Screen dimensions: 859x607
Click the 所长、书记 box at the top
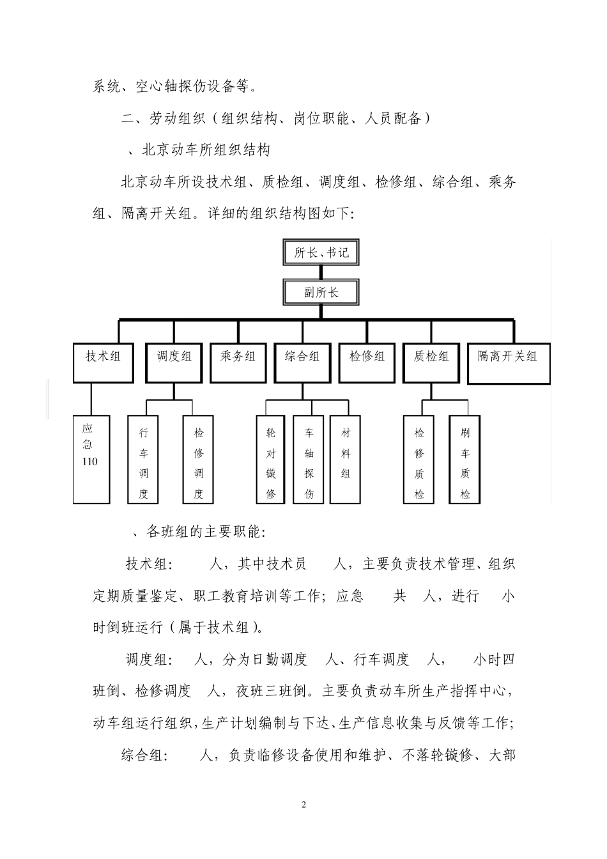[x=321, y=252]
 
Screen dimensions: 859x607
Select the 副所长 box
[x=321, y=293]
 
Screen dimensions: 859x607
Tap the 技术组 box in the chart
[x=103, y=363]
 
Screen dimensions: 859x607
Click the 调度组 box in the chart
[x=174, y=363]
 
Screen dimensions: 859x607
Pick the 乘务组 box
[x=238, y=363]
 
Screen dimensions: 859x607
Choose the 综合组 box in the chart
[x=302, y=363]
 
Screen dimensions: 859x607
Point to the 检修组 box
[x=367, y=363]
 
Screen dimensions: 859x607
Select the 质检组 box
[x=431, y=363]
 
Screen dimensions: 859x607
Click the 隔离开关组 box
[x=509, y=364]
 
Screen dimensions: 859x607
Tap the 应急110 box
[x=91, y=459]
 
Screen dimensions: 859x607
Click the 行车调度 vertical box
[x=144, y=460]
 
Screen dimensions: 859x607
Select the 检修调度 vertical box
[x=198, y=460]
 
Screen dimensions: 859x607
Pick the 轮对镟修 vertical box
[x=270, y=460]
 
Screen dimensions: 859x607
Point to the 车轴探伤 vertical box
[x=309, y=460]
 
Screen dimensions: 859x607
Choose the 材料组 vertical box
[x=346, y=460]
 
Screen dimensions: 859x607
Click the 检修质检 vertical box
[x=419, y=460]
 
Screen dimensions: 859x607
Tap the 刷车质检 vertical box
[x=465, y=460]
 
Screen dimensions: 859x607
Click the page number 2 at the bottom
[x=303, y=804]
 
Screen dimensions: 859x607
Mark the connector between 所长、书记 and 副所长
[x=321, y=273]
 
